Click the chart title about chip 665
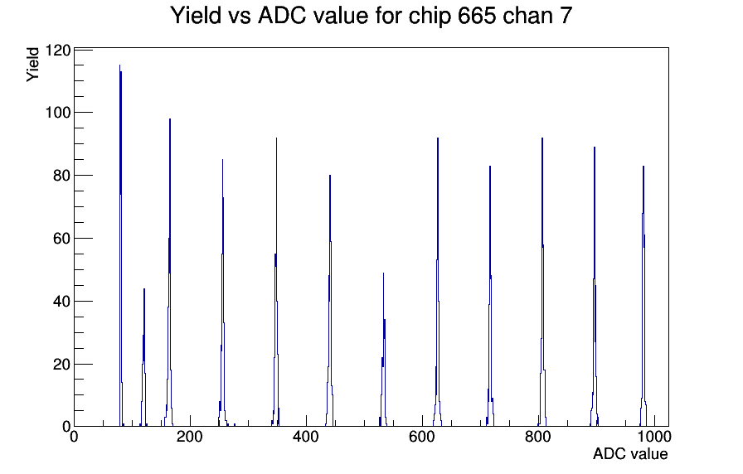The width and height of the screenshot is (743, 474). pos(371,15)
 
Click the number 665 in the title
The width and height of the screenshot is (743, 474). pos(477,15)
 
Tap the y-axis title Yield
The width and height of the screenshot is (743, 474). pos(32,65)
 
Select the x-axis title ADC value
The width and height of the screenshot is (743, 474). pos(630,453)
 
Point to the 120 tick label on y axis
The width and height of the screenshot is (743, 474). pos(58,51)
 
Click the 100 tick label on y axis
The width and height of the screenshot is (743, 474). pos(58,113)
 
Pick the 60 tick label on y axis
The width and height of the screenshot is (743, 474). pos(62,239)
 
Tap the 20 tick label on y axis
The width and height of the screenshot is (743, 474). pos(62,365)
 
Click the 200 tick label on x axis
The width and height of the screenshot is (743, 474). pos(190,436)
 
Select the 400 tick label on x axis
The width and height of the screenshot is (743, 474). pos(306,436)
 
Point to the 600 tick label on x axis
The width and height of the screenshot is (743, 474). pos(422,436)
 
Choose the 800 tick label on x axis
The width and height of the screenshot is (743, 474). pos(538,436)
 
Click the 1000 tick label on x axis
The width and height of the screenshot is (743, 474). pos(654,436)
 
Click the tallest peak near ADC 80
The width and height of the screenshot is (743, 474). pos(121,246)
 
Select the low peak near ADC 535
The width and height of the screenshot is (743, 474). pos(383,350)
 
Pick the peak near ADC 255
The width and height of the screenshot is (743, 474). pos(222,293)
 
